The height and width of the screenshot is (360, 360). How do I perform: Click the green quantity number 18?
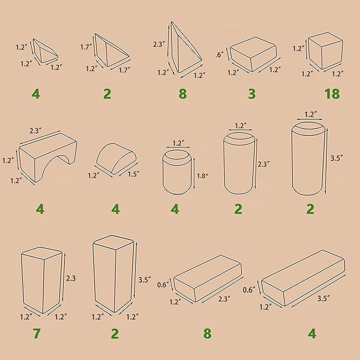[x=332, y=94]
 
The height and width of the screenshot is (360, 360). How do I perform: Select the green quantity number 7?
[x=37, y=333]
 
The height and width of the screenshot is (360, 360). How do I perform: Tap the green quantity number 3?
[x=252, y=94]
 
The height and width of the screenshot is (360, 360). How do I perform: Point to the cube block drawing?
[x=326, y=51]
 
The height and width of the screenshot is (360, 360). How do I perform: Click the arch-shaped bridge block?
[x=48, y=157]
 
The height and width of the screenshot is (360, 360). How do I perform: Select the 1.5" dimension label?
[x=134, y=174]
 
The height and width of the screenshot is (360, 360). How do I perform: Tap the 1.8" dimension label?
[x=203, y=176]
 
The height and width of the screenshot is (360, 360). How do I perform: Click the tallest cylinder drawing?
[x=309, y=159]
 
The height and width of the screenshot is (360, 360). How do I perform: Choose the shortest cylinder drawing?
[x=177, y=172]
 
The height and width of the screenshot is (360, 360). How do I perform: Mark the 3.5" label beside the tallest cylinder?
[x=337, y=158]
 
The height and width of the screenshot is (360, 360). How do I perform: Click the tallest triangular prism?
[x=186, y=47]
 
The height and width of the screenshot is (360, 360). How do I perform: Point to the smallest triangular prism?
[x=46, y=51]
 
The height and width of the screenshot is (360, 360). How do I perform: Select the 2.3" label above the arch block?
[x=36, y=130]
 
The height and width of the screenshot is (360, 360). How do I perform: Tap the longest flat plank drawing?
[x=303, y=278]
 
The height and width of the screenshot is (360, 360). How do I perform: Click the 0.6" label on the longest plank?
[x=249, y=289]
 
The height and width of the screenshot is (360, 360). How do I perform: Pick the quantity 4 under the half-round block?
[x=116, y=209]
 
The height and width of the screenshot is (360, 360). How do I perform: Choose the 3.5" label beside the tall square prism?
[x=145, y=279]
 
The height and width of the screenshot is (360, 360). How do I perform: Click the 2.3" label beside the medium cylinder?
[x=264, y=164]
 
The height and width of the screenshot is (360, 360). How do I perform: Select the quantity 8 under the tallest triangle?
[x=183, y=94]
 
